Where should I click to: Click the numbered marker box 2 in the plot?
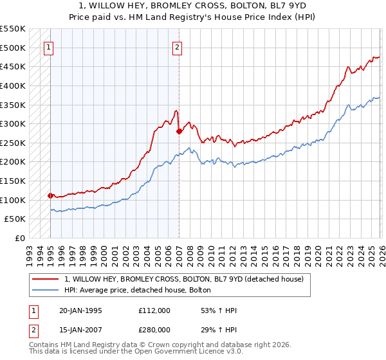177,46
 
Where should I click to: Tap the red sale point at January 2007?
179,131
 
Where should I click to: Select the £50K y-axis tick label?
16,219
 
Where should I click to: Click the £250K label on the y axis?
14,143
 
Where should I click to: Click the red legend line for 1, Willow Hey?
46,278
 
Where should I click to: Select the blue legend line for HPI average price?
46,290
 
